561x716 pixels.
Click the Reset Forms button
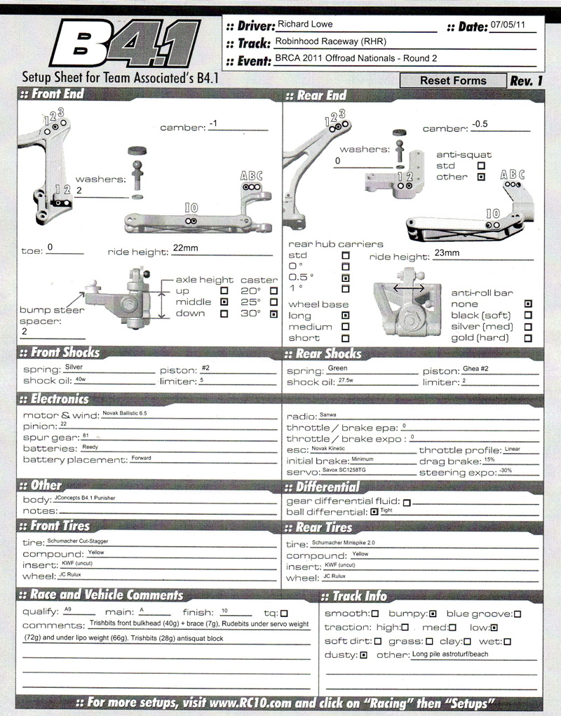point(452,81)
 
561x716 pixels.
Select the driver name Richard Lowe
point(304,23)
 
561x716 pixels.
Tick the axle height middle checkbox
point(224,302)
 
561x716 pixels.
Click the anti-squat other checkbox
point(480,177)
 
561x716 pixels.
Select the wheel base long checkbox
point(346,316)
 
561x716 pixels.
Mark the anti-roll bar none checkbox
point(528,304)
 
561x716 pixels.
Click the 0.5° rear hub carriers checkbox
point(345,278)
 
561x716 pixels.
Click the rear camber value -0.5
point(480,123)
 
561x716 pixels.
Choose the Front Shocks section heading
point(60,353)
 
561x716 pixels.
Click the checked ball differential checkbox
point(374,513)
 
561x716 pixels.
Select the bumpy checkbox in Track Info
point(433,614)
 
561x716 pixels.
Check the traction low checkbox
point(495,628)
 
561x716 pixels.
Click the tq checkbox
point(284,612)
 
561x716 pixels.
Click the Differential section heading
point(327,487)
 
